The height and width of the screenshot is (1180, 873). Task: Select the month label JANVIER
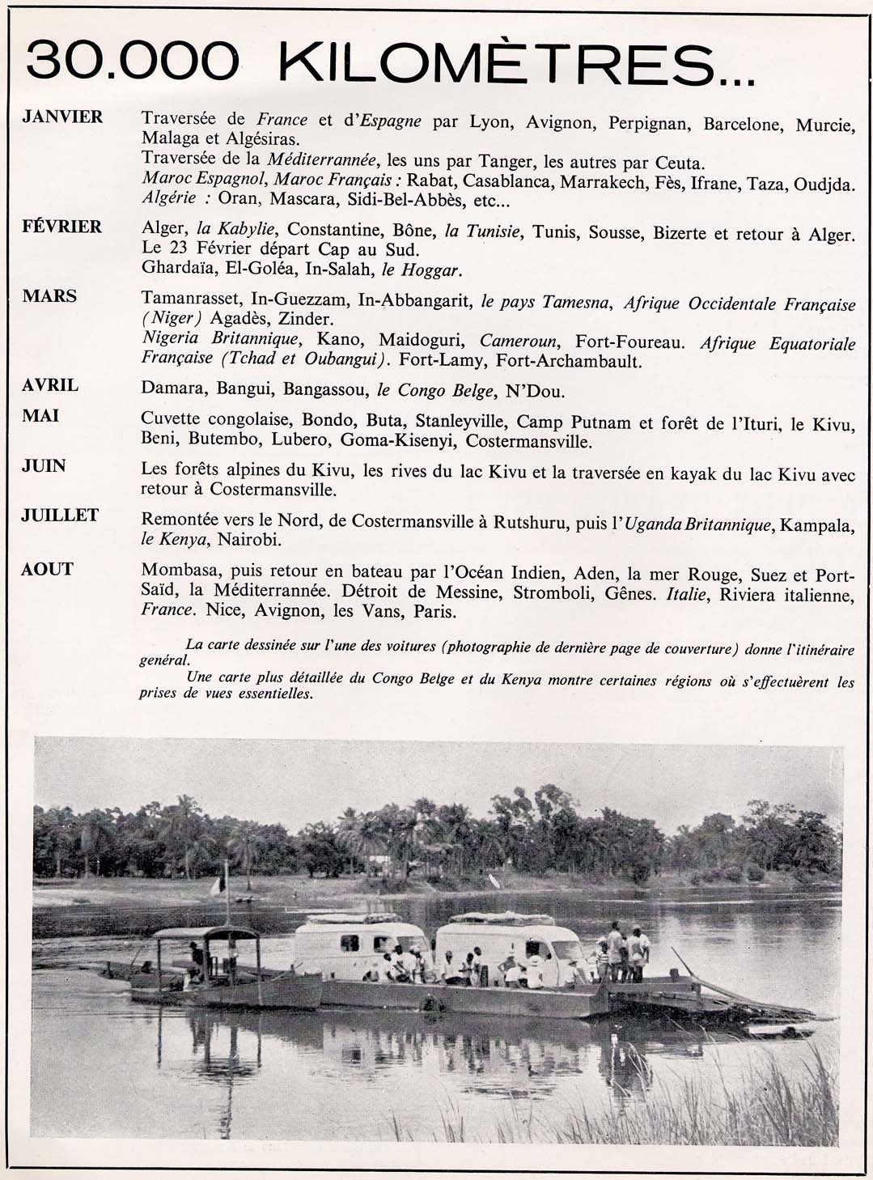pos(63,117)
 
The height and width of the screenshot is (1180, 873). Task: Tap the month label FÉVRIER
pos(62,227)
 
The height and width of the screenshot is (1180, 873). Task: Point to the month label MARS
pos(50,296)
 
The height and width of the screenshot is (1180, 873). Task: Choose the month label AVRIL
pos(50,385)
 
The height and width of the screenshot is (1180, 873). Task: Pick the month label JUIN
pos(44,465)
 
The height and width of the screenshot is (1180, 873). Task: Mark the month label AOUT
pos(48,569)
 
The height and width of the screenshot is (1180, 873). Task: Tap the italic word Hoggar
pos(436,270)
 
